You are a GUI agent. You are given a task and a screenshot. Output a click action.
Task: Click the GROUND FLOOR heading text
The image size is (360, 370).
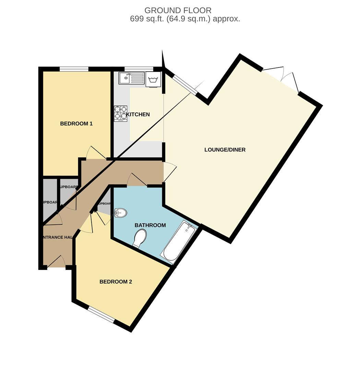178,10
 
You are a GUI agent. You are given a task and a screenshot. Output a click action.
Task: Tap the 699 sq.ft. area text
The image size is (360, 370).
185,19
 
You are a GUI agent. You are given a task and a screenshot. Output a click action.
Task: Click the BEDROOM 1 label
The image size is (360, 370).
76,124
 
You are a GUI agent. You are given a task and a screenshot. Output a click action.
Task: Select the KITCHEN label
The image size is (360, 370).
138,114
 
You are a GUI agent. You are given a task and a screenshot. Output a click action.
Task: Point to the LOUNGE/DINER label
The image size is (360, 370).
225,150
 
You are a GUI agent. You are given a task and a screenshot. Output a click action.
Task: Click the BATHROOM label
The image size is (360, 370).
150,225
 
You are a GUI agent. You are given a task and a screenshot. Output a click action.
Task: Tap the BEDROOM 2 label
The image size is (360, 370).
116,282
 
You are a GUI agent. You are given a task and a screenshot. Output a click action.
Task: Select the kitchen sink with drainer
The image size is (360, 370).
132,78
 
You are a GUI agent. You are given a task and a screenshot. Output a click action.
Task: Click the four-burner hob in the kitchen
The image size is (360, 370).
121,113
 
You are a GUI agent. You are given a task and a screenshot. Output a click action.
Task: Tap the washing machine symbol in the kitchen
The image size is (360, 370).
153,80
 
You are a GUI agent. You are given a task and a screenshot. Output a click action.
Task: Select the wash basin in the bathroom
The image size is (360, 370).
120,213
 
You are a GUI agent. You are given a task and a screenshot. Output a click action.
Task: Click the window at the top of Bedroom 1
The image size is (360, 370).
74,69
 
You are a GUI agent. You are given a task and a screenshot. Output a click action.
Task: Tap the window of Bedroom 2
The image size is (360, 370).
101,314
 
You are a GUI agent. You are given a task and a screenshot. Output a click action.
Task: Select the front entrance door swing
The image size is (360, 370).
57,261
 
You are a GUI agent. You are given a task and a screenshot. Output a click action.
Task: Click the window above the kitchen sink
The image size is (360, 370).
139,69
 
